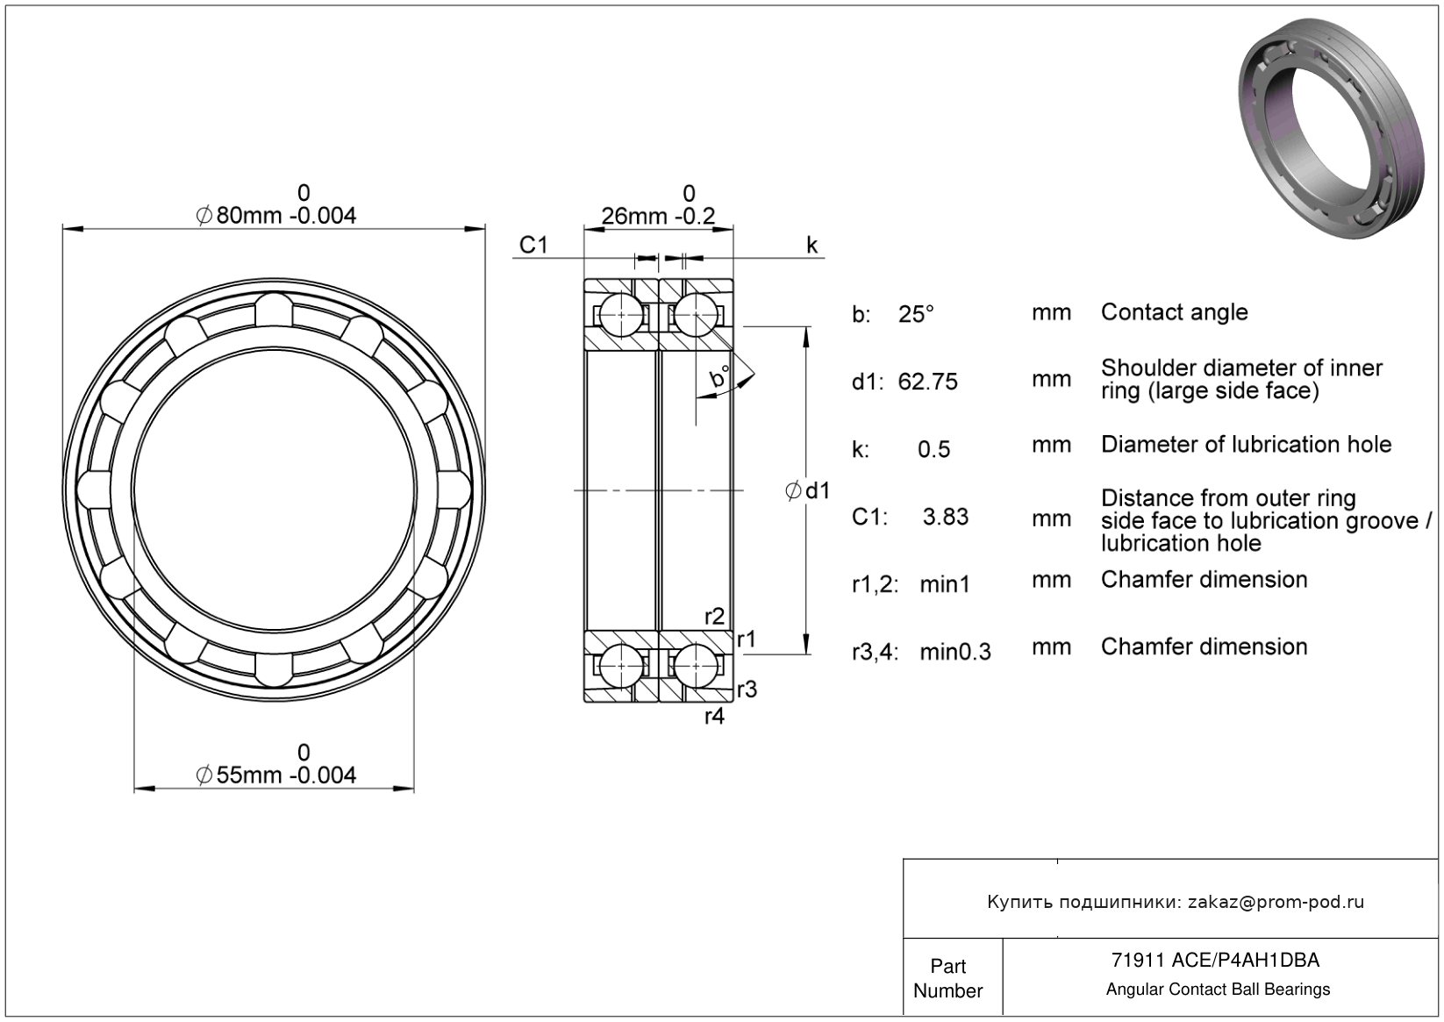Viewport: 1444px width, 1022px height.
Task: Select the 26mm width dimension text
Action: (x=658, y=216)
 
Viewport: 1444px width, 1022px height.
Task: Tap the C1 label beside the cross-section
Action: (x=533, y=245)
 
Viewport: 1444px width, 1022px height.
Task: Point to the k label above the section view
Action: (x=811, y=246)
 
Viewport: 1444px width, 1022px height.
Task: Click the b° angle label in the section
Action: (x=720, y=377)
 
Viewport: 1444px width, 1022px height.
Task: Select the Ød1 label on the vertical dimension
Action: (x=807, y=491)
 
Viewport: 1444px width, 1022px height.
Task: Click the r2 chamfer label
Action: (x=715, y=617)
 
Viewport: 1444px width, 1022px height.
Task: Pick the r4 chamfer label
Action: (x=715, y=717)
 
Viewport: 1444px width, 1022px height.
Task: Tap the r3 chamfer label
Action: (x=747, y=690)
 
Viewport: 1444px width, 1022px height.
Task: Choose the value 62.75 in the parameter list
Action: (x=928, y=382)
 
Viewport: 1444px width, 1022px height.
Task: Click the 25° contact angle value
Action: (x=916, y=314)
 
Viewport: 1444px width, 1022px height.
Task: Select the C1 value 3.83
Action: (x=946, y=517)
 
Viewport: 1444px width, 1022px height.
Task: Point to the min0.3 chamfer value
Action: (x=955, y=652)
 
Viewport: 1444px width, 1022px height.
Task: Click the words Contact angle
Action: (x=1174, y=312)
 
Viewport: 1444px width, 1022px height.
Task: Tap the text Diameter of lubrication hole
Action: (x=1246, y=445)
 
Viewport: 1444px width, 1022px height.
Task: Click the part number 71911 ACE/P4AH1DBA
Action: (x=1215, y=961)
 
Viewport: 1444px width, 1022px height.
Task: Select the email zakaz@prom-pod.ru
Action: (x=1276, y=902)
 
